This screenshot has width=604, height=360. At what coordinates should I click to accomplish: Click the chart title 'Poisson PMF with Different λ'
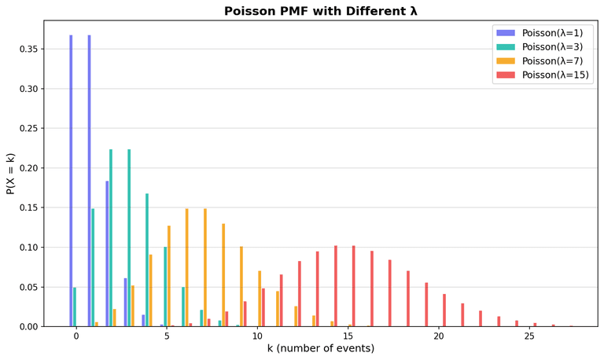[321, 11]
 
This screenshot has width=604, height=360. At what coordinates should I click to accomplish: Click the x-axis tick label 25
[529, 336]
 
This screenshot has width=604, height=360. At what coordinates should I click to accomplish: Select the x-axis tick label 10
[257, 336]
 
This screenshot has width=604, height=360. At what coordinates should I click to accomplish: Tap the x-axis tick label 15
[348, 336]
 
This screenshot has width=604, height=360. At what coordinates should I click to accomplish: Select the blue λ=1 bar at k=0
[71, 181]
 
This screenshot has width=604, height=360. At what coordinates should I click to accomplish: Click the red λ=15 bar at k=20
[444, 310]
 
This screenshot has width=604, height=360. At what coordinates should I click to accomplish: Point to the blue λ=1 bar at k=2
[107, 254]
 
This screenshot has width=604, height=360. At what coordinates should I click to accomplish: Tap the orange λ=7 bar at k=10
[260, 299]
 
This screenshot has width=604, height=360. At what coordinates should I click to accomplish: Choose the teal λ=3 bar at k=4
[147, 260]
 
